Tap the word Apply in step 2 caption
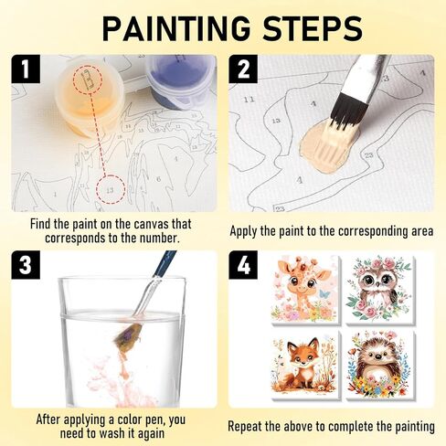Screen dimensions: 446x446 (x=247, y=230)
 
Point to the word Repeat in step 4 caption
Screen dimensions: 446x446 (x=249, y=426)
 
